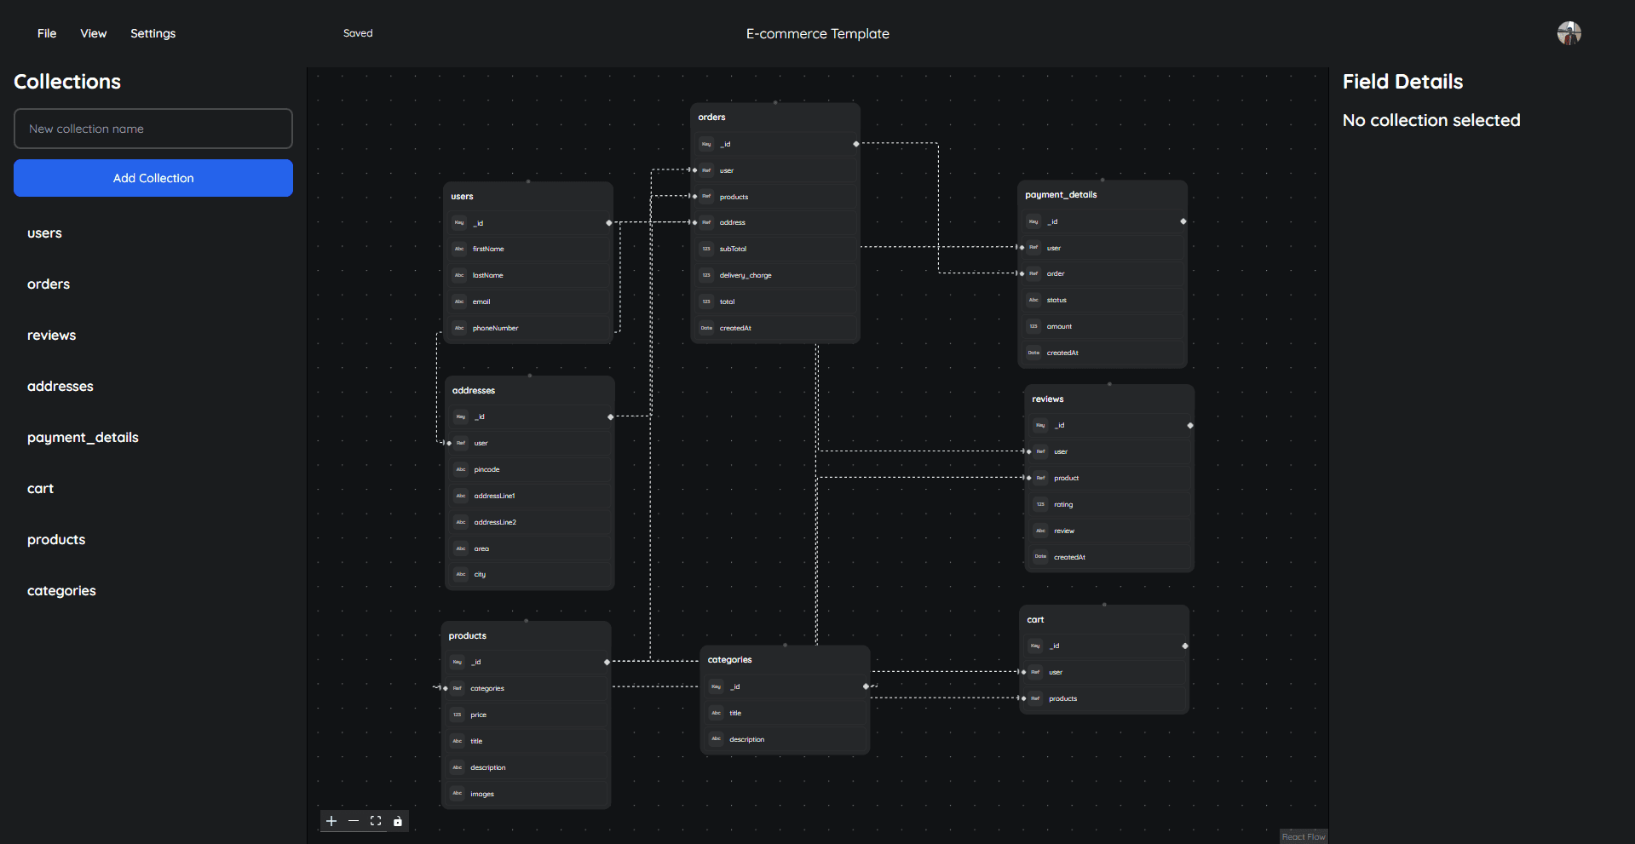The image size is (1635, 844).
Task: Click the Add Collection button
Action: point(153,178)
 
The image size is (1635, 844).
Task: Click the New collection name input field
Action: point(153,129)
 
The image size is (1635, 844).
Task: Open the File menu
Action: point(47,33)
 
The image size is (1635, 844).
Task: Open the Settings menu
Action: point(153,33)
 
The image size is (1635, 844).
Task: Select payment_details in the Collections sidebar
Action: point(83,437)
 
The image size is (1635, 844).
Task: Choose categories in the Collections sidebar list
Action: point(61,590)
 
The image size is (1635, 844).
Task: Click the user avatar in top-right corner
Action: point(1569,33)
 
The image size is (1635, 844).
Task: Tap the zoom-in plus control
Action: point(331,821)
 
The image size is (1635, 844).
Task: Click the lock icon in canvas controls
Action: point(397,821)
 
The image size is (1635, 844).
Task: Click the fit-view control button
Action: point(376,821)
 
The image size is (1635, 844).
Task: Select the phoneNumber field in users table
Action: point(495,328)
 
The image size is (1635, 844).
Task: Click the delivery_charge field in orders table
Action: point(746,275)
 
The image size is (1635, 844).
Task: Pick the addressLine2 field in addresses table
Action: point(495,522)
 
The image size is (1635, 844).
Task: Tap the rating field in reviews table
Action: point(1063,504)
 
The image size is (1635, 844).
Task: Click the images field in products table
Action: point(482,794)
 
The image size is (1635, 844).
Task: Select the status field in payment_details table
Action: point(1056,300)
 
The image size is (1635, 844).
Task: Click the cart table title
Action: point(1035,619)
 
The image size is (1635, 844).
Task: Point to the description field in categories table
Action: point(747,739)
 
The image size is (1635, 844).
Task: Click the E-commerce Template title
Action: point(817,33)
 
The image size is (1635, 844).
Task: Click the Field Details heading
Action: point(1402,82)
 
